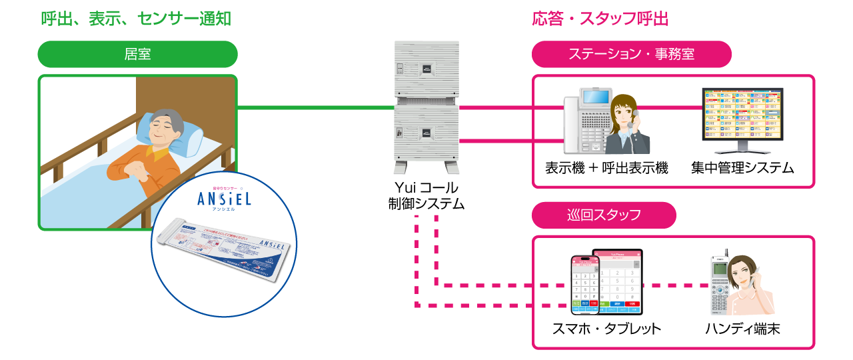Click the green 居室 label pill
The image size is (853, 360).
tap(137, 55)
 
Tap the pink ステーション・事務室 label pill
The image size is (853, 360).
tap(631, 55)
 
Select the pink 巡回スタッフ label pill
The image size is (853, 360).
tap(604, 215)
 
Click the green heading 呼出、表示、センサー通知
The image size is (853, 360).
tap(136, 19)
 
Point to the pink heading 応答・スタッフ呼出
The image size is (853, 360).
tap(600, 19)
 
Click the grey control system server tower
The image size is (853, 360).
tap(426, 107)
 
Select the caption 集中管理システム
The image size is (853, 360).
tap(742, 168)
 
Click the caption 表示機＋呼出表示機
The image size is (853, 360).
tap(606, 168)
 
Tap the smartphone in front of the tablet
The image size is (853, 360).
tap(584, 284)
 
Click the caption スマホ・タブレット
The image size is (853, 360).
tap(606, 329)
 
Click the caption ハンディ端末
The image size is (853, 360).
tap(742, 329)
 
